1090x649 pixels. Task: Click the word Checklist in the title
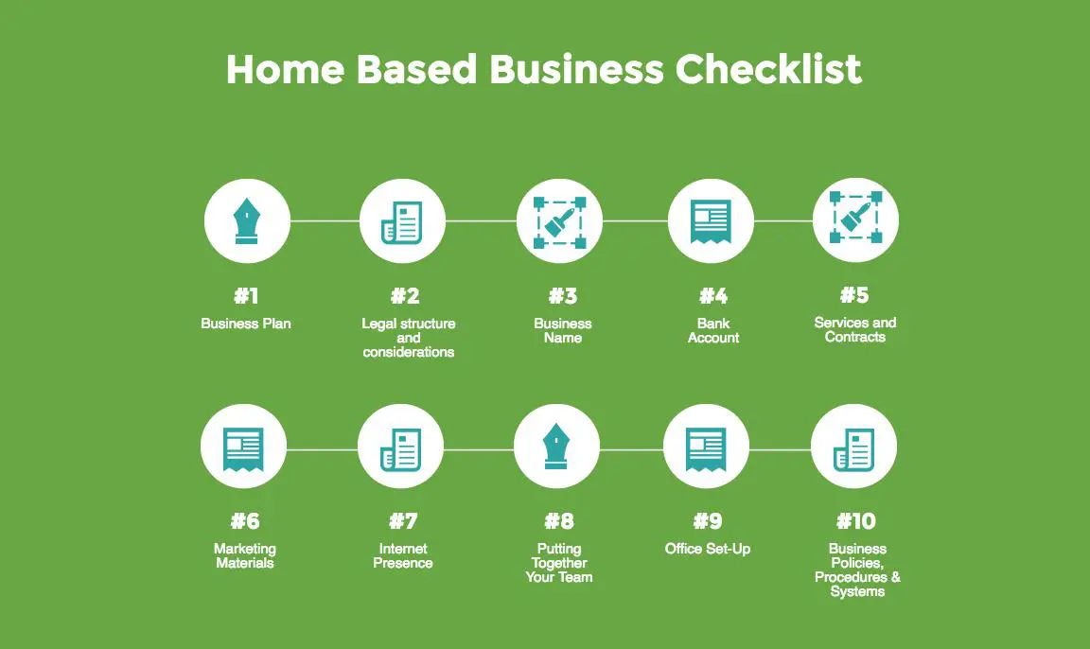point(768,69)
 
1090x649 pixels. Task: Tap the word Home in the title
point(285,69)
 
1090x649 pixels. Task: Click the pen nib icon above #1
point(247,221)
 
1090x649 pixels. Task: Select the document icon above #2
point(402,222)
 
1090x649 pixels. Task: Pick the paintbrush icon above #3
point(559,222)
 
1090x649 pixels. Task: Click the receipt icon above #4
point(711,221)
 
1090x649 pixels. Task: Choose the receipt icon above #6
point(243,448)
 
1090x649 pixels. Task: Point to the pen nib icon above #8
point(556,447)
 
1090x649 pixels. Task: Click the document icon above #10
point(853,449)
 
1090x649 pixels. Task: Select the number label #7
point(403,521)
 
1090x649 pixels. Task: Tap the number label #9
point(708,521)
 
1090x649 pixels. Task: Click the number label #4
point(713,296)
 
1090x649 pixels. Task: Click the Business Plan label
point(245,324)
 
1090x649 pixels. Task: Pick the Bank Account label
point(713,331)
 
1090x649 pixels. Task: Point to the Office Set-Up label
point(708,549)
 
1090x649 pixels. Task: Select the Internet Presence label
point(403,556)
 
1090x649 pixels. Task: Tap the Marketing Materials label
point(245,556)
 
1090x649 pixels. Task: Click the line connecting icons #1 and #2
point(325,221)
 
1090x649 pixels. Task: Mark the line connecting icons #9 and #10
point(780,449)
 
